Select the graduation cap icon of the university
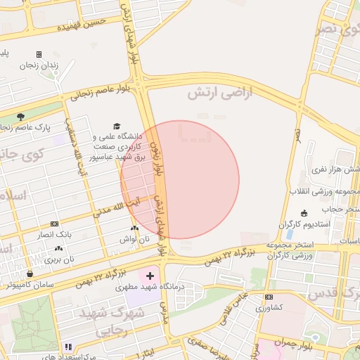click(x=117, y=125)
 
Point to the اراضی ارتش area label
click(x=219, y=92)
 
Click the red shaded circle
click(x=180, y=180)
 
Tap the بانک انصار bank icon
click(x=55, y=223)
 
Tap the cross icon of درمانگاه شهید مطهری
click(x=149, y=274)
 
